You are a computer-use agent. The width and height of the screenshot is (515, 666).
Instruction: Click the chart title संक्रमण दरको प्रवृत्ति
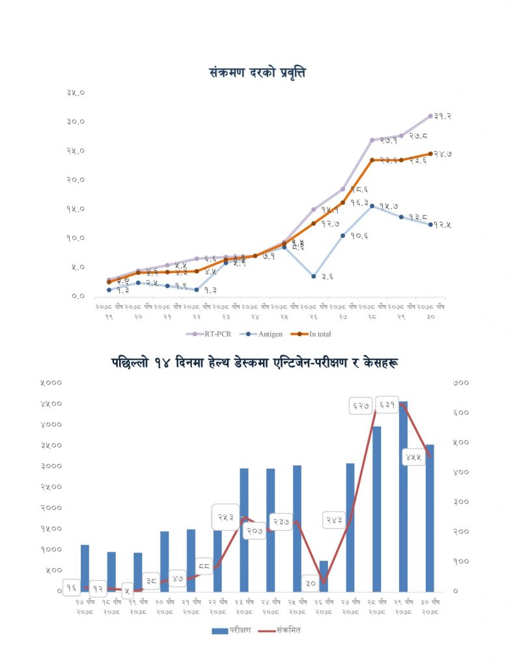[x=257, y=72]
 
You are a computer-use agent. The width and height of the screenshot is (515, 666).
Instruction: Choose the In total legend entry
[x=316, y=334]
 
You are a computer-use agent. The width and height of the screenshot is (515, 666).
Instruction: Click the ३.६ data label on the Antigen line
[x=326, y=276]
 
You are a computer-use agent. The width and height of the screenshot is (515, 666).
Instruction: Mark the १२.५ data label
[x=443, y=225]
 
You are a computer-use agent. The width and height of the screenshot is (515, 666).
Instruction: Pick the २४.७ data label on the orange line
[x=443, y=154]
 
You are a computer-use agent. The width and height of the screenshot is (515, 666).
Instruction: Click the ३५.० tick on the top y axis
[x=76, y=93]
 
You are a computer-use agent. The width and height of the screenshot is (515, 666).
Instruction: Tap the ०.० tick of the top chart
[x=77, y=296]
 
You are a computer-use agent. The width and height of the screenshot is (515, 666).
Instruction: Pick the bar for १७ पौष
[x=85, y=567]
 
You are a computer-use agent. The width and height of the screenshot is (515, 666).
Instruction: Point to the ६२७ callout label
[x=361, y=406]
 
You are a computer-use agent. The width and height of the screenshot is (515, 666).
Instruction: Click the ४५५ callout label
[x=413, y=457]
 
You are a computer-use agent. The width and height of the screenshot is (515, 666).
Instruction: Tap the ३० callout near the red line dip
[x=311, y=583]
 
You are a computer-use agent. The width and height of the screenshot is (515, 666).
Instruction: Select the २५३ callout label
[x=225, y=518]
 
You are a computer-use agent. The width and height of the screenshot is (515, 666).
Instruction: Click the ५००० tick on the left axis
[x=51, y=383]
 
